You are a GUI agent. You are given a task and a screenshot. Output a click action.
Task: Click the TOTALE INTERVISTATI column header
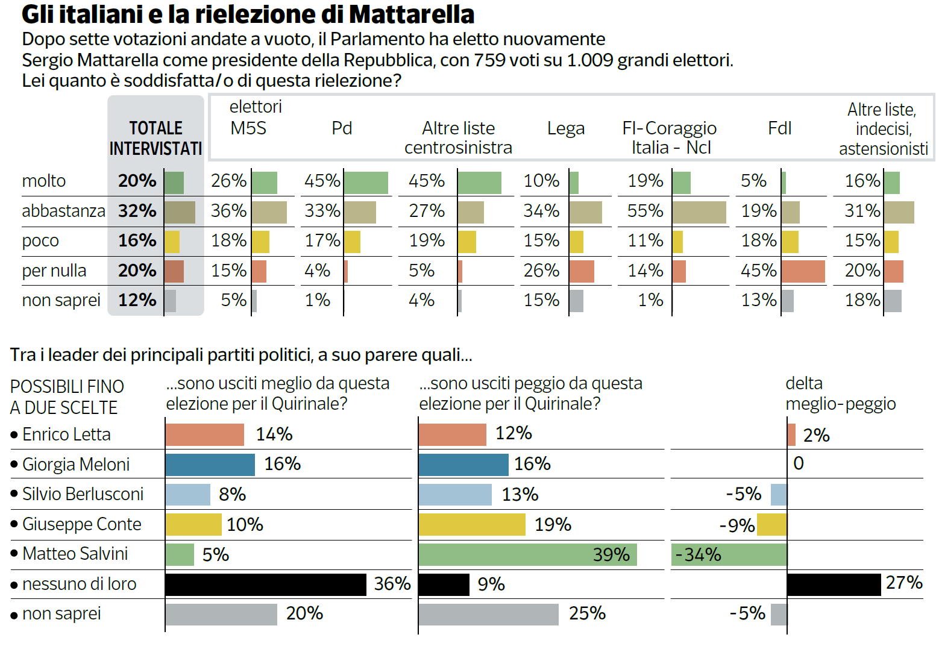[156, 138]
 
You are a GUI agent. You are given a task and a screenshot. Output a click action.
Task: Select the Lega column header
[566, 128]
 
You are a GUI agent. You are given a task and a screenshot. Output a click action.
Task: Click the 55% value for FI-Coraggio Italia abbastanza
[645, 210]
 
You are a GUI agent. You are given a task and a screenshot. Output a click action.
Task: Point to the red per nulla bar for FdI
[803, 272]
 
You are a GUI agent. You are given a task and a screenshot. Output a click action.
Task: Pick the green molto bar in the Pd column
[366, 183]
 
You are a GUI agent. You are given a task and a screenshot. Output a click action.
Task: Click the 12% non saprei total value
[137, 300]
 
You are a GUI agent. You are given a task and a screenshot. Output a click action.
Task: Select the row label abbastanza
[63, 211]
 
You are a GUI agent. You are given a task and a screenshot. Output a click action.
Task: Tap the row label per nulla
[54, 271]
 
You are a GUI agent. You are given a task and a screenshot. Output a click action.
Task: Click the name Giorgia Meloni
[75, 464]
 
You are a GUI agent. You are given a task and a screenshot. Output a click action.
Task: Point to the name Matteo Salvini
[75, 554]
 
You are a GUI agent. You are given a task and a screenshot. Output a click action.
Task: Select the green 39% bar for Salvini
[528, 555]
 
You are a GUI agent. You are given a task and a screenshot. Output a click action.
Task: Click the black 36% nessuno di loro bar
[266, 585]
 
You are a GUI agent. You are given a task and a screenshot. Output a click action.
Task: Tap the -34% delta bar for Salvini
[729, 555]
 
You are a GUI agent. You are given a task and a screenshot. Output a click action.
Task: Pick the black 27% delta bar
[834, 585]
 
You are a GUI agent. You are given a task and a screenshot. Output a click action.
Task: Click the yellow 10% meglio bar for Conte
[193, 525]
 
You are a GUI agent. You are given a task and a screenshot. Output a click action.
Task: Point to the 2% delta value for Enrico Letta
[816, 435]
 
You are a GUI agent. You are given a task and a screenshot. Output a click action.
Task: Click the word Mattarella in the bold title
[412, 14]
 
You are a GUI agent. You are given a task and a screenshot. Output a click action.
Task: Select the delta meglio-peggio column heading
[841, 393]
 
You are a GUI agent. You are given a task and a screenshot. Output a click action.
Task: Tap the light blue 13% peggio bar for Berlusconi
[455, 495]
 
